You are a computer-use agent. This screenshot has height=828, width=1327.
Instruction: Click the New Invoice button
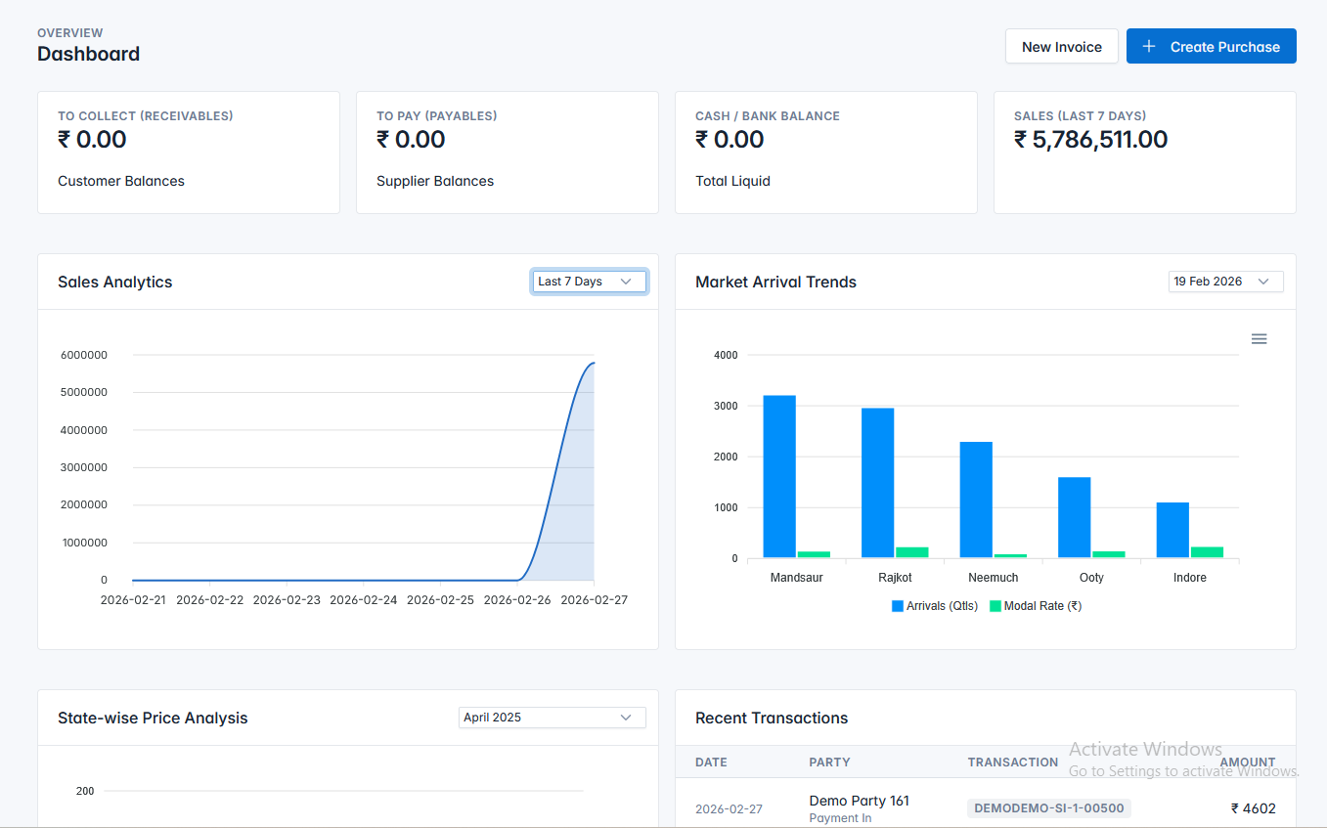[x=1061, y=47]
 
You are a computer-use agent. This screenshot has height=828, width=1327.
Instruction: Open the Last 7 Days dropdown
[x=589, y=282]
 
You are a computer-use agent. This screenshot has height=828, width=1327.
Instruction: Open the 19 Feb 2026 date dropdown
[x=1225, y=282]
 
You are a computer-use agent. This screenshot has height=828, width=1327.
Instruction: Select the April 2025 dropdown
[x=552, y=718]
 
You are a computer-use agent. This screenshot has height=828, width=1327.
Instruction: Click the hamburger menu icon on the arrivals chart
[x=1259, y=339]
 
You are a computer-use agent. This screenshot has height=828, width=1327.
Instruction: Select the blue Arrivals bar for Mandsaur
[x=779, y=476]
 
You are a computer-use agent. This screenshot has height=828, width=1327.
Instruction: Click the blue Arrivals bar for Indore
[x=1172, y=530]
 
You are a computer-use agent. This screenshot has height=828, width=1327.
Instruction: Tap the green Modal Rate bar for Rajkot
[x=912, y=552]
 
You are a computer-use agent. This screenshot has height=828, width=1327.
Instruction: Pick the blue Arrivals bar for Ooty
[x=1074, y=517]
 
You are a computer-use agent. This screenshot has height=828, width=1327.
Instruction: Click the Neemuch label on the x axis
[x=993, y=578]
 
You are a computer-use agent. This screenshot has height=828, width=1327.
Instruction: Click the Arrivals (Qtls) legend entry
[x=935, y=606]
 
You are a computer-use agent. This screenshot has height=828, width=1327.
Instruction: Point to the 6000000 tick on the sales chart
[x=84, y=355]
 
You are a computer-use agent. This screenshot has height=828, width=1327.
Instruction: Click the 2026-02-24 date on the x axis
[x=364, y=600]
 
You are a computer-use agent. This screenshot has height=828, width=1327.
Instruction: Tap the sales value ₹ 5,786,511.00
[x=1090, y=140]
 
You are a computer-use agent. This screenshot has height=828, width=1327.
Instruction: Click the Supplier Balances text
[x=435, y=181]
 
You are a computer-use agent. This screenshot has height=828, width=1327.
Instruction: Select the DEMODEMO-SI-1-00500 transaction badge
[x=1049, y=808]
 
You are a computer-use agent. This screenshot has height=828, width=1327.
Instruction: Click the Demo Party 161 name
[x=859, y=801]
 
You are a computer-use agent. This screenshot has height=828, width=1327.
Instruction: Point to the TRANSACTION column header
[x=1012, y=763]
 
